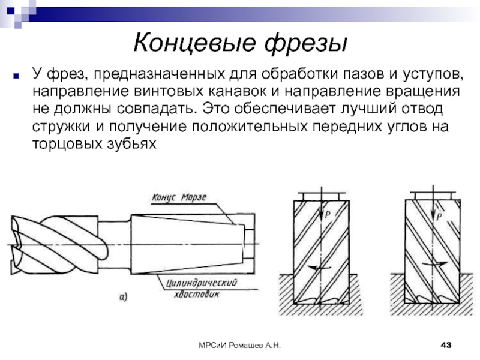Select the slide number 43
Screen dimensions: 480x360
coord(446,344)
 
